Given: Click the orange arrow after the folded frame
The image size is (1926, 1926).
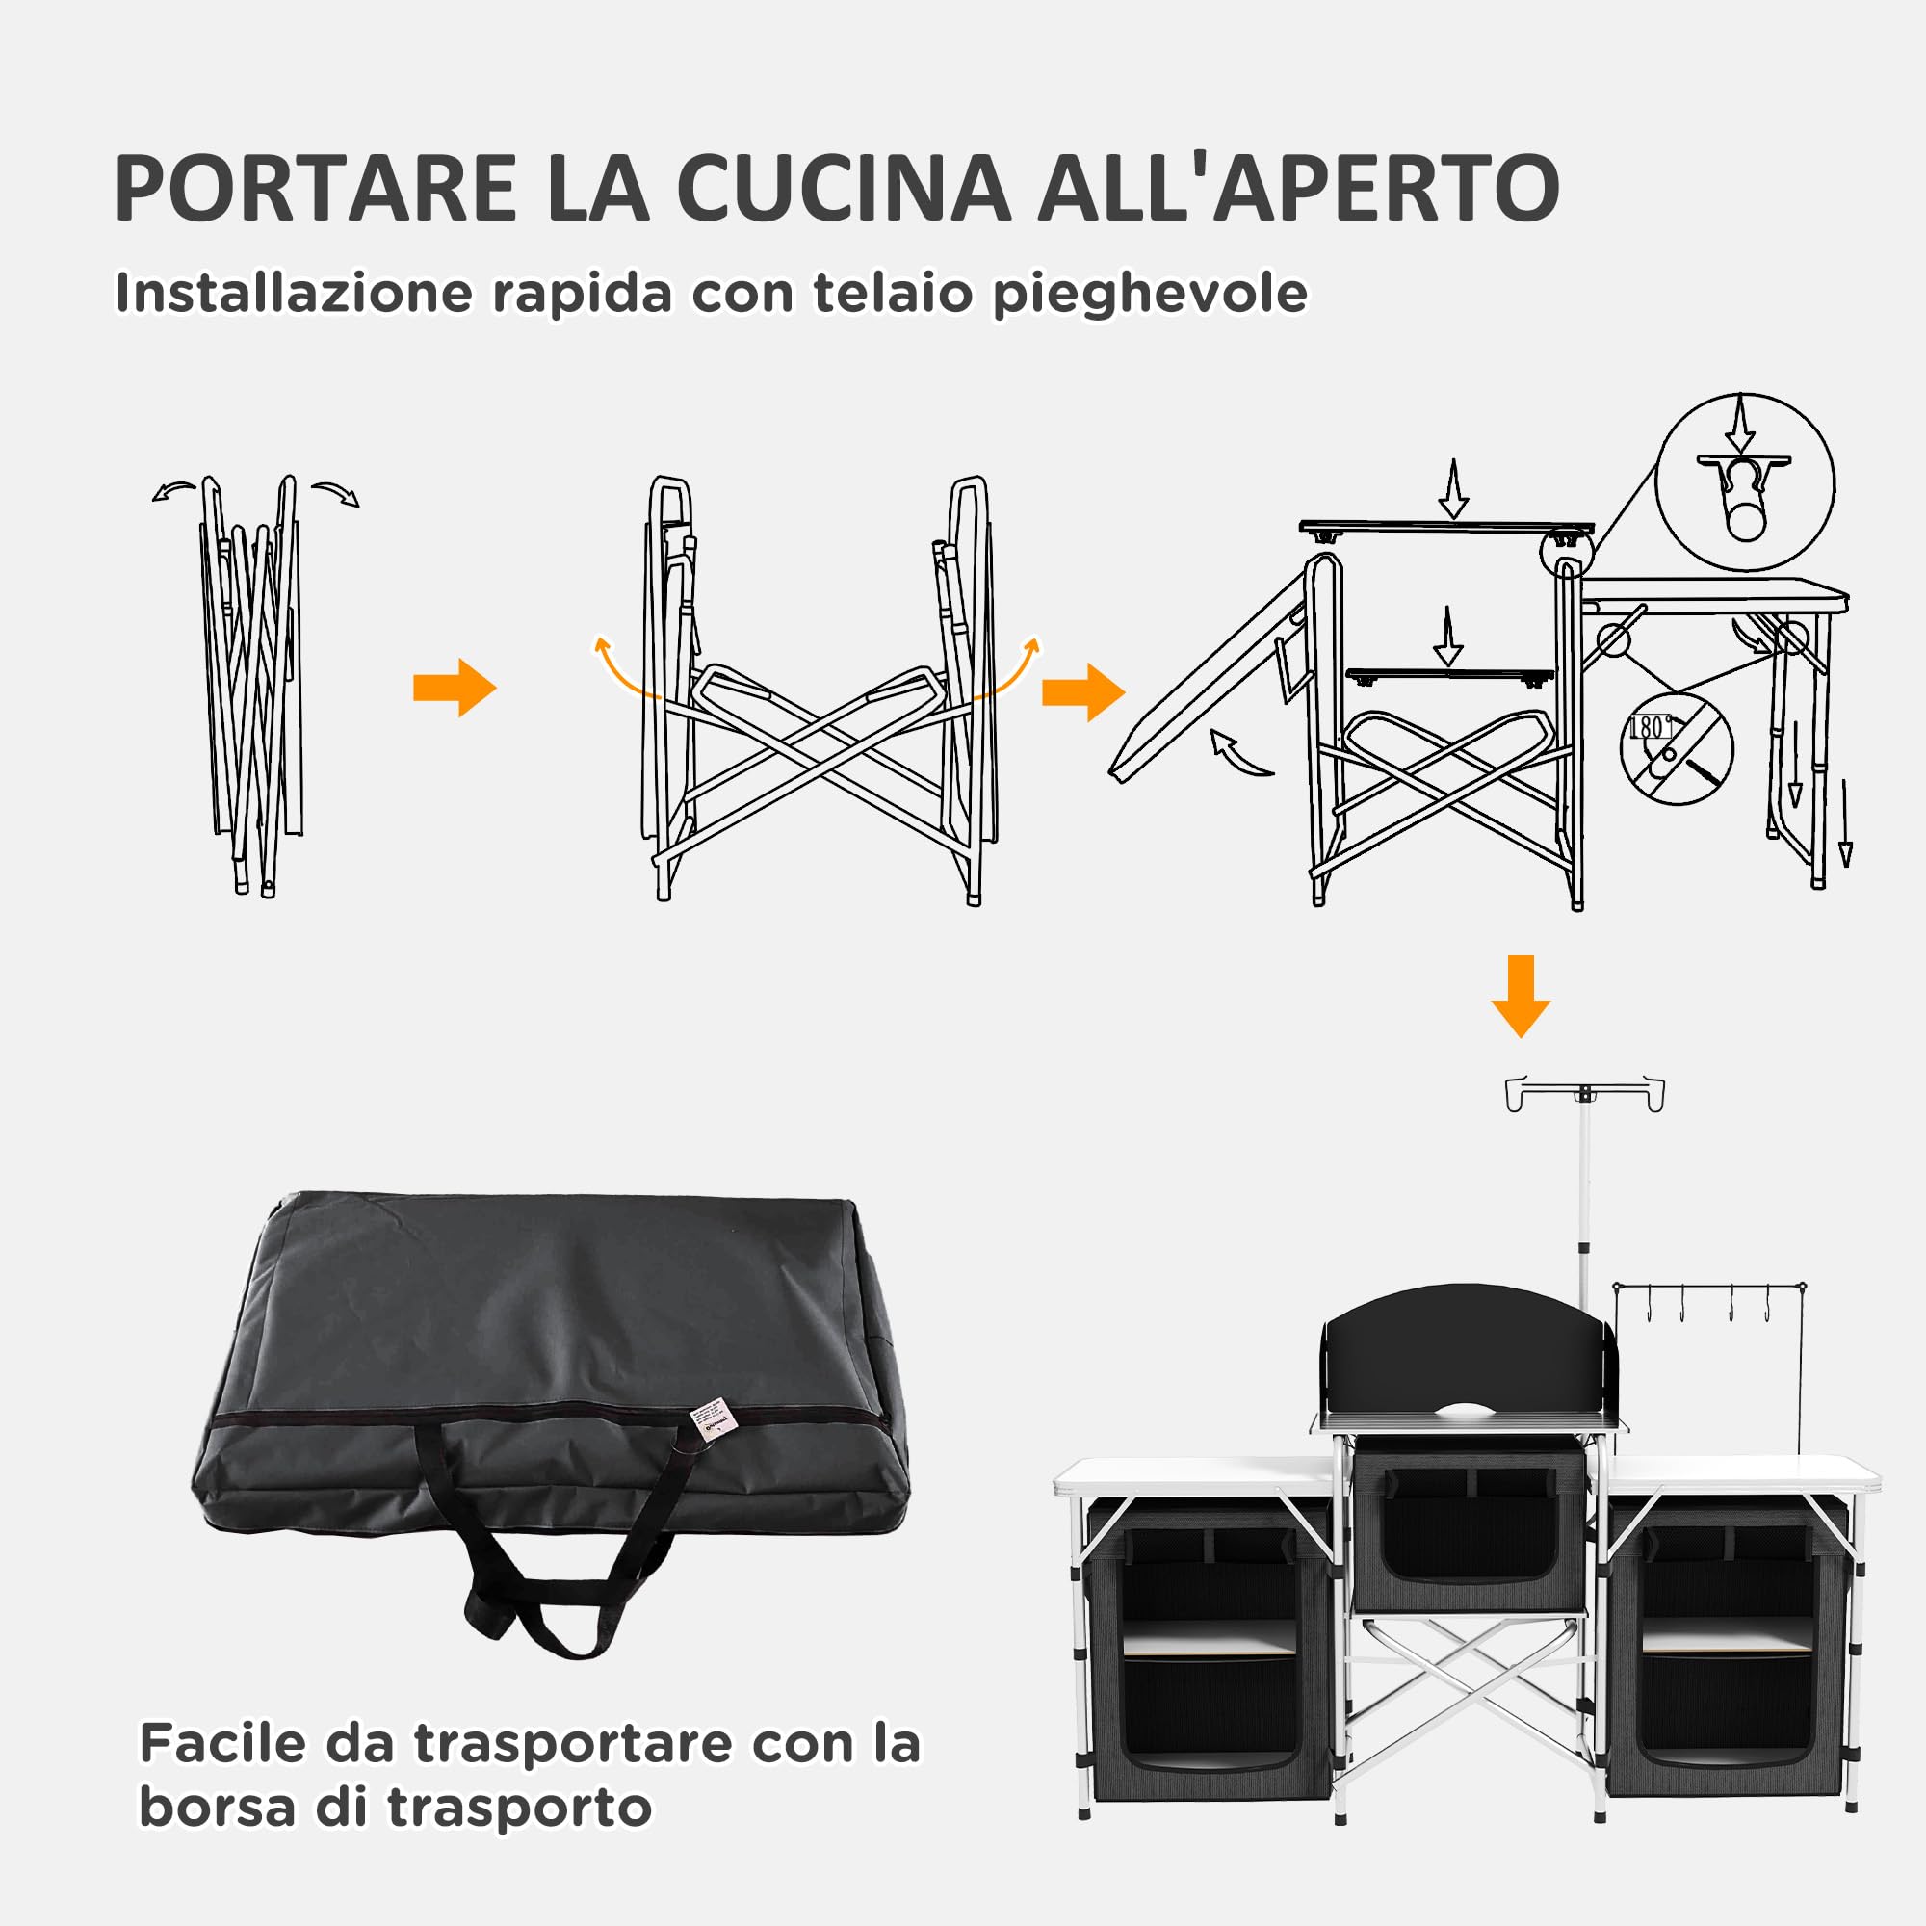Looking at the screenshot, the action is pyautogui.click(x=455, y=687).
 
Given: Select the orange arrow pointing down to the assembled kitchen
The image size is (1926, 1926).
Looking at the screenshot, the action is pyautogui.click(x=1521, y=996).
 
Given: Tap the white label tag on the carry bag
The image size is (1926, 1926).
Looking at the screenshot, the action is pyautogui.click(x=711, y=1421).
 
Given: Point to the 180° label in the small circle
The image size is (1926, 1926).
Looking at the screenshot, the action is pyautogui.click(x=1649, y=727).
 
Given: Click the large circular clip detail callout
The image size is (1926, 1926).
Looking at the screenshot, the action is pyautogui.click(x=1745, y=481).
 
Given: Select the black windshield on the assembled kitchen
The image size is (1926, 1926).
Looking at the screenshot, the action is pyautogui.click(x=1465, y=1351).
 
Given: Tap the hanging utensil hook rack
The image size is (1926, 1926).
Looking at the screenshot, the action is pyautogui.click(x=1709, y=1301).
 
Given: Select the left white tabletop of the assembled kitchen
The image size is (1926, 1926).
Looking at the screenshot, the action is pyautogui.click(x=1197, y=1474).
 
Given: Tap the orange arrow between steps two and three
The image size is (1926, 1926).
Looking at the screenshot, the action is pyautogui.click(x=1082, y=691).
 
